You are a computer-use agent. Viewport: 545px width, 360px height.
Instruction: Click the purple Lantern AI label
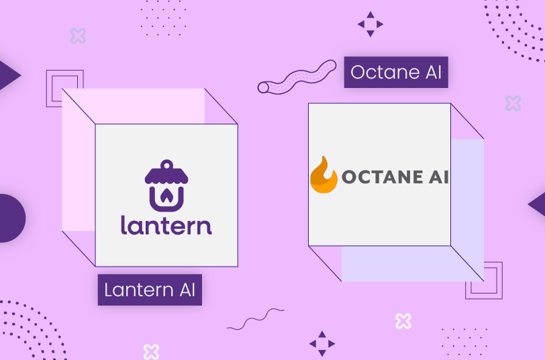(150, 289)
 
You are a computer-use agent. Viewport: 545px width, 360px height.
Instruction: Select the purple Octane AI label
(396, 72)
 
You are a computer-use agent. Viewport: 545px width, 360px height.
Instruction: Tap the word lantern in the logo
(166, 224)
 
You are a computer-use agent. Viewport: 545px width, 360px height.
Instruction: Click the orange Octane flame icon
(324, 176)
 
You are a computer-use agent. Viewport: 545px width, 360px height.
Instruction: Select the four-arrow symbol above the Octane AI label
(370, 24)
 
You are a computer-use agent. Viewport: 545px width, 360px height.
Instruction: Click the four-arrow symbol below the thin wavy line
(321, 343)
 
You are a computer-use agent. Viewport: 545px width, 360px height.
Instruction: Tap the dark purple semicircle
(9, 218)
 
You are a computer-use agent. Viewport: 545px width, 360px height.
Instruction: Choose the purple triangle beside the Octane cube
(538, 204)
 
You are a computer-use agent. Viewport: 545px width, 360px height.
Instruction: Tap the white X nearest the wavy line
(403, 321)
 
